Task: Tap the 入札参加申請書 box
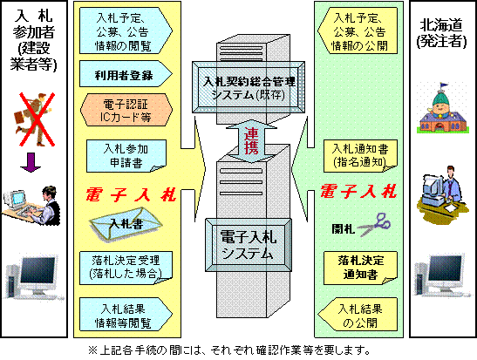(124, 154)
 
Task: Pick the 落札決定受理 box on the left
(125, 265)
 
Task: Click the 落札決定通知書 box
(360, 265)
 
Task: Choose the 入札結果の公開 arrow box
(359, 312)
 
